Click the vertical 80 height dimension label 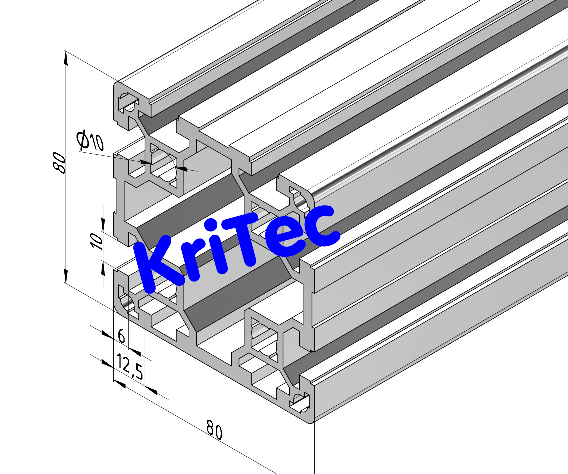click(x=59, y=162)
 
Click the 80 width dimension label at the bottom click(x=214, y=430)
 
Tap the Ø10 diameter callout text click(x=90, y=140)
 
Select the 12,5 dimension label click(x=130, y=366)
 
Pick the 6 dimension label click(x=121, y=336)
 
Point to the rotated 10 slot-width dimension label click(x=96, y=241)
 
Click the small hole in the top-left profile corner click(x=127, y=103)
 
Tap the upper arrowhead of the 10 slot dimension click(x=103, y=224)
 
